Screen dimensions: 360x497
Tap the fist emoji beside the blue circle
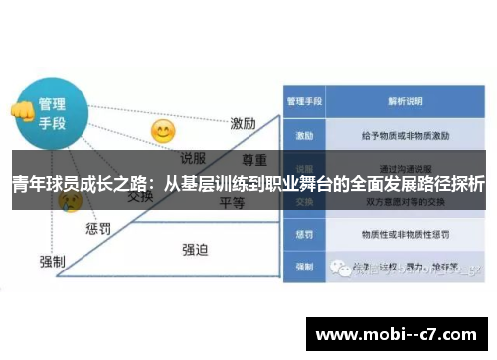pos(20,111)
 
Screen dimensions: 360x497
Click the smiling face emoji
pos(162,131)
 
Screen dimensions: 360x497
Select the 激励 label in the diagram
pos(244,124)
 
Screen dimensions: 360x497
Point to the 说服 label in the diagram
pos(193,156)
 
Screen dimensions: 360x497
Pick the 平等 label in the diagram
pos(232,202)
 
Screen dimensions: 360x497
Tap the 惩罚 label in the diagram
pos(98,228)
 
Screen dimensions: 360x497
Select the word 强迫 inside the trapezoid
pos(195,249)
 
